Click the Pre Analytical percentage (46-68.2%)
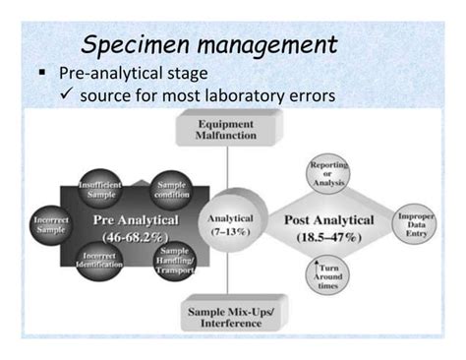[x=130, y=236]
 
